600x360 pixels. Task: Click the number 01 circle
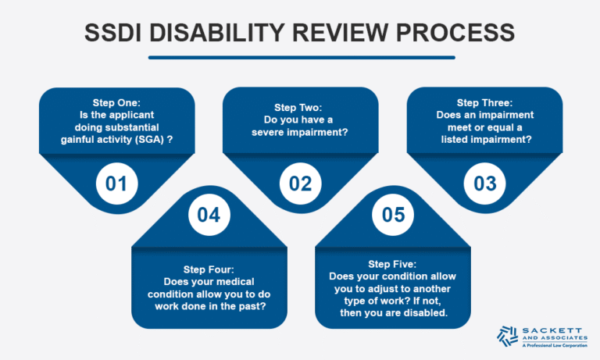pyautogui.click(x=116, y=184)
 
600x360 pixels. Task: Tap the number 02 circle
pyautogui.click(x=300, y=184)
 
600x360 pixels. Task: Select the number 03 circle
pyautogui.click(x=484, y=184)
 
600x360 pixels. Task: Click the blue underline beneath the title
pyautogui.click(x=300, y=56)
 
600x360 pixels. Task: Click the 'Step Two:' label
pyautogui.click(x=300, y=107)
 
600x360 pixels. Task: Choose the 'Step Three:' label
pyautogui.click(x=484, y=102)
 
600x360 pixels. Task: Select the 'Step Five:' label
pyautogui.click(x=392, y=263)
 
